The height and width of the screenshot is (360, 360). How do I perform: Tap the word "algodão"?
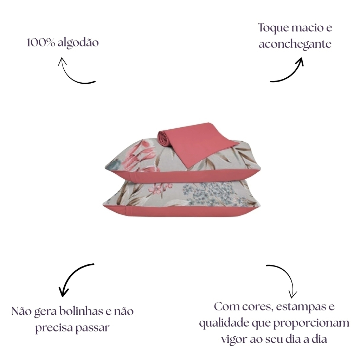(78, 43)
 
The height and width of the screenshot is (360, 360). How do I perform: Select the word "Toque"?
(273, 28)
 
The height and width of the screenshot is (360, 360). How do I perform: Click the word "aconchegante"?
(295, 44)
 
